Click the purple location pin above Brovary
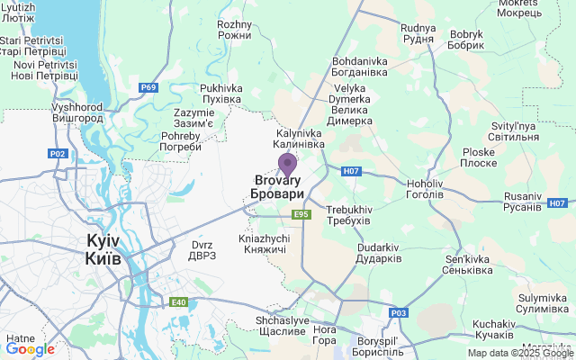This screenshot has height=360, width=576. pyautogui.click(x=287, y=165)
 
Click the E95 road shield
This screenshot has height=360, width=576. pyautogui.click(x=301, y=214)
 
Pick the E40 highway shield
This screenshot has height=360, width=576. pyautogui.click(x=180, y=302)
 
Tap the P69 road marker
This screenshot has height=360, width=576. pyautogui.click(x=148, y=87)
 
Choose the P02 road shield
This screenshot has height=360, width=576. pyautogui.click(x=58, y=154)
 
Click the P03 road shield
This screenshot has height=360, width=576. pyautogui.click(x=399, y=312)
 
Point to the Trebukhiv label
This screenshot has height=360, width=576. pyautogui.click(x=348, y=215)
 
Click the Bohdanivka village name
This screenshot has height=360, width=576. pyautogui.click(x=359, y=65)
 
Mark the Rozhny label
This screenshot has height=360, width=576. pyautogui.click(x=235, y=30)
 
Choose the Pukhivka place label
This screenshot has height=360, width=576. pyautogui.click(x=221, y=94)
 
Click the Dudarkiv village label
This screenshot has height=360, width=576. pyautogui.click(x=378, y=253)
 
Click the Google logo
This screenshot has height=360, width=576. pyautogui.click(x=30, y=349)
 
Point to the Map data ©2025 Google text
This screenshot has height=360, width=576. pyautogui.click(x=520, y=353)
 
